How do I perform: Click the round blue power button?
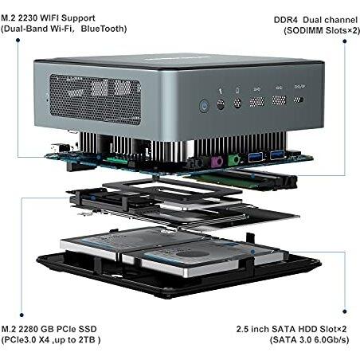[x=204, y=106]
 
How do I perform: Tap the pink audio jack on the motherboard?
[x=217, y=162]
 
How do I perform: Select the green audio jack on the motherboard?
[x=233, y=160]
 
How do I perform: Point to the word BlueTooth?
[x=104, y=29]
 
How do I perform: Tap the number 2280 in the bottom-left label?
[x=29, y=329]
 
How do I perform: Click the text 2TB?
[x=87, y=340]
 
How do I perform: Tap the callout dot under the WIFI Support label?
[x=18, y=40]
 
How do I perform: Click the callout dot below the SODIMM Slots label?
[x=345, y=41]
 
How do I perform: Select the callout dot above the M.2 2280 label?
[x=22, y=315]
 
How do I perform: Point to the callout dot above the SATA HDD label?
[x=345, y=311]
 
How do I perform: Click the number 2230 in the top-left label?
[x=28, y=18]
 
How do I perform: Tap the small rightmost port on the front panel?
[x=299, y=100]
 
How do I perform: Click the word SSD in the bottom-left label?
[x=88, y=329]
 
